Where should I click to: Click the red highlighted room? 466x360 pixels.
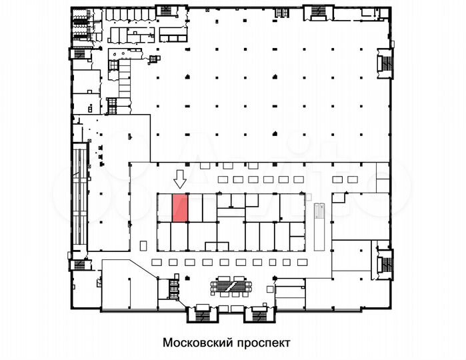(x=180, y=208)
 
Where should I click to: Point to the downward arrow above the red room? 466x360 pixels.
(x=180, y=179)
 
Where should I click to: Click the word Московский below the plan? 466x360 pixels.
(x=197, y=343)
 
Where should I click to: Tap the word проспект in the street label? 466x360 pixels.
(x=263, y=343)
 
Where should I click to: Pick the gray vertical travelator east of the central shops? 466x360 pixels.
(x=319, y=227)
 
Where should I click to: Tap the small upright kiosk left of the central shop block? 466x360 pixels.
(x=143, y=245)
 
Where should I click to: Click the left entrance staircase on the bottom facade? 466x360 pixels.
(x=203, y=314)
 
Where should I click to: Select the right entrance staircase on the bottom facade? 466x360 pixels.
(x=259, y=314)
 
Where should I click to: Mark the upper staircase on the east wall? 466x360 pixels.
(x=386, y=63)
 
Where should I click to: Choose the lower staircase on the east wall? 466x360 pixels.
(x=386, y=264)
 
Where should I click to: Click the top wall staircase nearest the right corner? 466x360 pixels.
(x=319, y=12)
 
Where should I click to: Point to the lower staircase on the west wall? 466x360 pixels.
(x=79, y=265)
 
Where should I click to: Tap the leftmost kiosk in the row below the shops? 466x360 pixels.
(x=157, y=262)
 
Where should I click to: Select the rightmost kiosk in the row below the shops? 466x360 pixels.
(x=302, y=262)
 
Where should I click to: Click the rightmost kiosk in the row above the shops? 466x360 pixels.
(x=353, y=179)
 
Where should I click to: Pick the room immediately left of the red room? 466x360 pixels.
(x=165, y=208)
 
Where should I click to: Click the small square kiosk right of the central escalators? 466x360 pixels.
(x=270, y=289)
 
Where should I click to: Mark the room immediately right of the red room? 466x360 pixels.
(x=195, y=208)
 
